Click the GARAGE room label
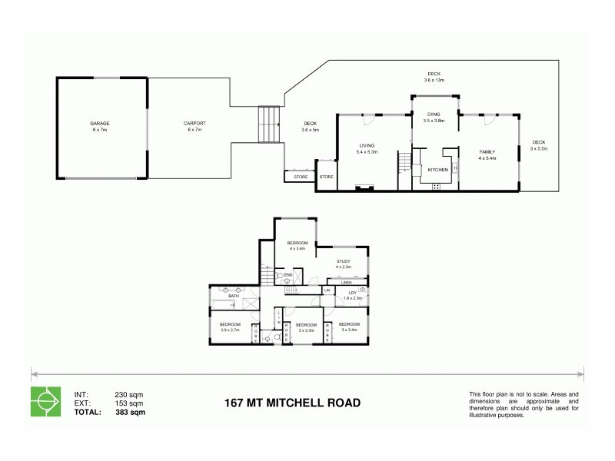click(x=100, y=124)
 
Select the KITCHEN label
click(x=437, y=170)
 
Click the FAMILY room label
click(x=487, y=152)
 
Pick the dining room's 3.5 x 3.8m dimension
click(x=435, y=121)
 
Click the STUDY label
click(x=343, y=261)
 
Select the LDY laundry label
click(x=353, y=292)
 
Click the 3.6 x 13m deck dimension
click(x=435, y=80)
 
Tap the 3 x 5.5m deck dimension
click(x=538, y=148)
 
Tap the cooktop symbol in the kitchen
click(x=437, y=186)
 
